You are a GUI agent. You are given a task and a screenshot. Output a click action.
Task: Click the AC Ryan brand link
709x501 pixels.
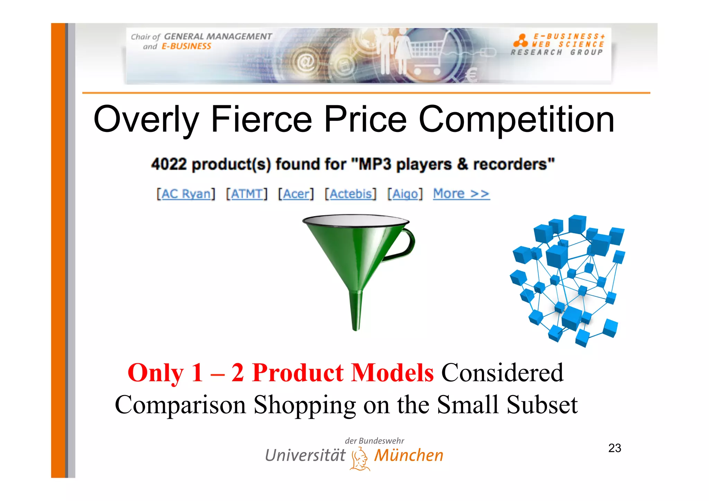pos(186,194)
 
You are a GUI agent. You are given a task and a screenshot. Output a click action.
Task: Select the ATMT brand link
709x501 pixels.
pos(246,194)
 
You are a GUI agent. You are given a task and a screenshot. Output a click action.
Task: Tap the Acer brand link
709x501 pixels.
pos(296,194)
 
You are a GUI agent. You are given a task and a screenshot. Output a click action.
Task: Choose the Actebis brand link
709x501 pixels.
pos(350,194)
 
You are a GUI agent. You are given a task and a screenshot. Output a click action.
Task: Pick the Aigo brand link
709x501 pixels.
pos(405,194)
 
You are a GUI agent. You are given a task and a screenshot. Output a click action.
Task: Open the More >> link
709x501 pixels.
pos(461,194)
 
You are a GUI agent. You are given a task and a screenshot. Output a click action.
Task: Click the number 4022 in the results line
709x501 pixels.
pos(169,164)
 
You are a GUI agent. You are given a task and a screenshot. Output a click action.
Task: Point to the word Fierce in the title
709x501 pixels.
pos(261,119)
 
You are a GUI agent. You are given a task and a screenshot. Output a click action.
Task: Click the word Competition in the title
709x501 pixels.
pos(517,119)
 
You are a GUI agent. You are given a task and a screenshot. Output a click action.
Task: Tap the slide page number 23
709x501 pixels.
pos(614,448)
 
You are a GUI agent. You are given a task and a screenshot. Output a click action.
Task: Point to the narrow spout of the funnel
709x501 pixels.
pos(356,312)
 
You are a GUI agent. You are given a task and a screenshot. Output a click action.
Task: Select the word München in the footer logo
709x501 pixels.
pos(409,455)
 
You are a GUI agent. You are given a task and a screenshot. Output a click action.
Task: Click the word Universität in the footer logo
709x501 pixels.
pos(305,455)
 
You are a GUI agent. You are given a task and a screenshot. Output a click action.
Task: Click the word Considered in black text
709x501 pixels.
pos(502,373)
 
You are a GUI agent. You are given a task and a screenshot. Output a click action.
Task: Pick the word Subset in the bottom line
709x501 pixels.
pos(542,405)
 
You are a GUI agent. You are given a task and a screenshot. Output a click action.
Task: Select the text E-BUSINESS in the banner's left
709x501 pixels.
pos(186,46)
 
